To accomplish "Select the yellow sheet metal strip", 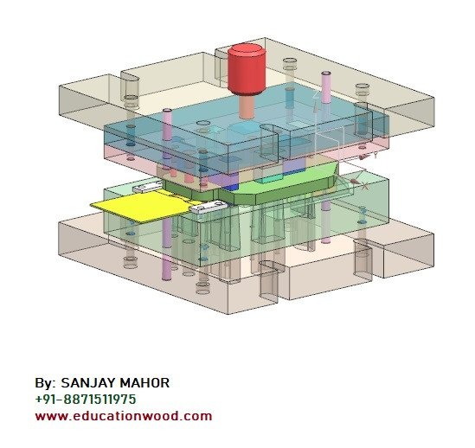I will pos(134,208).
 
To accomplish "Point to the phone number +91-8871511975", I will pos(85,400).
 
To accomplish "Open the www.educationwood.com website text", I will pos(123,416).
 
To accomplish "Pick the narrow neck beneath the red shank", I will pos(247,106).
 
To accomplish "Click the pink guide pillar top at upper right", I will pos(327,86).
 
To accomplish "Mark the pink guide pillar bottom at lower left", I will pos(166,264).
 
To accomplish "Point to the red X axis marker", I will pos(364,185).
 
